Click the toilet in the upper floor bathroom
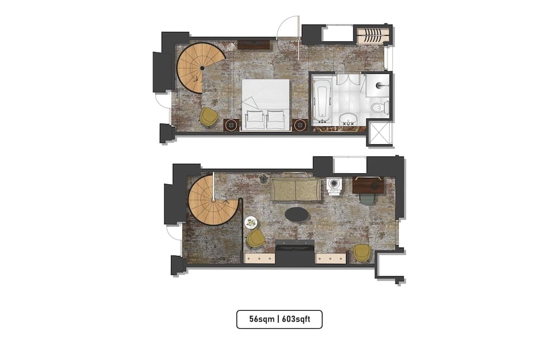pyautogui.click(x=380, y=107)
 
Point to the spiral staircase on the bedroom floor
pyautogui.click(x=200, y=68)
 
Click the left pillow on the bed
pyautogui.click(x=254, y=120)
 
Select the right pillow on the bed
pyautogui.click(x=276, y=120)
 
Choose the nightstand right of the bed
pyautogui.click(x=300, y=124)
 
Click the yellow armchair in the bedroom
pyautogui.click(x=209, y=116)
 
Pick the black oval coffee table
pyautogui.click(x=296, y=214)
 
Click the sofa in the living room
pyautogui.click(x=296, y=190)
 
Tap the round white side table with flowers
pyautogui.click(x=251, y=222)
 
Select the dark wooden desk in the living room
pyautogui.click(x=368, y=185)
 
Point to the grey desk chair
pyautogui.click(x=367, y=199)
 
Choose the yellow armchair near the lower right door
pyautogui.click(x=362, y=253)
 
